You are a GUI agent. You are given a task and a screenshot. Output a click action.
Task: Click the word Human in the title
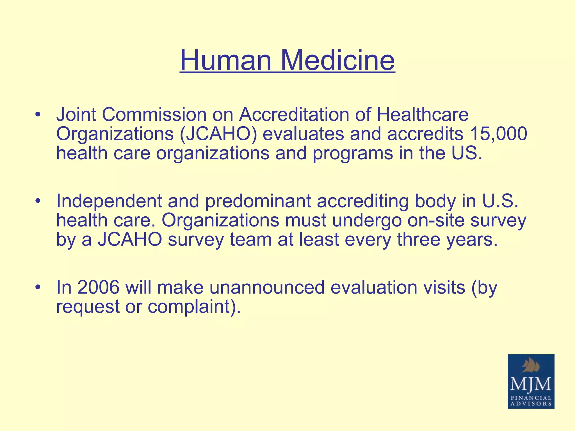click(226, 60)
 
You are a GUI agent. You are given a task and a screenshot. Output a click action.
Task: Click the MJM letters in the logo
click(531, 384)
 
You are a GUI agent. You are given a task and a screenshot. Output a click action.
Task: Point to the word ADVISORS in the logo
click(531, 404)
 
